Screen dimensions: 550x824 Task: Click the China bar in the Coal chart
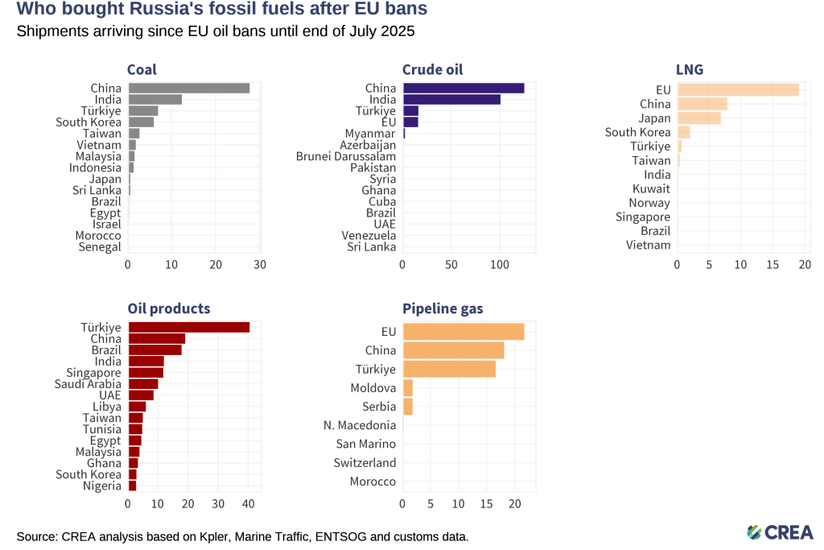click(188, 88)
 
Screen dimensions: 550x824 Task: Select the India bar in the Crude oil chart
click(451, 99)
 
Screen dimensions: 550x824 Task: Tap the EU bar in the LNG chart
click(738, 89)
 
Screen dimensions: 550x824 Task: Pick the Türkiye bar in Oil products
click(188, 327)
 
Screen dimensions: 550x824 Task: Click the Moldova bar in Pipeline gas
click(407, 388)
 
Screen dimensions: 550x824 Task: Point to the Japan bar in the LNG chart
click(699, 118)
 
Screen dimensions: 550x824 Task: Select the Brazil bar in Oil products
click(154, 349)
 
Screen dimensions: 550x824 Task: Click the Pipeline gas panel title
click(443, 308)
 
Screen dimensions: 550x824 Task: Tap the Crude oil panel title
click(433, 69)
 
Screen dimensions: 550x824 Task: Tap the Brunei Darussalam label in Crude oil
click(346, 156)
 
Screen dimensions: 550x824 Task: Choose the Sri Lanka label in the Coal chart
click(97, 190)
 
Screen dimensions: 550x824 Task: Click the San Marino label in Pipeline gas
click(366, 444)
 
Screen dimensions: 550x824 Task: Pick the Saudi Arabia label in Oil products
click(89, 384)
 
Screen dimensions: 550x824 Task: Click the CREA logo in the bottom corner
click(779, 531)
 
